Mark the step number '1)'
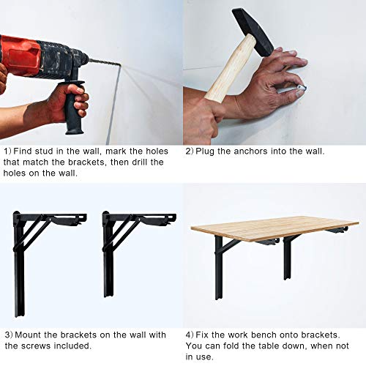8,152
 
